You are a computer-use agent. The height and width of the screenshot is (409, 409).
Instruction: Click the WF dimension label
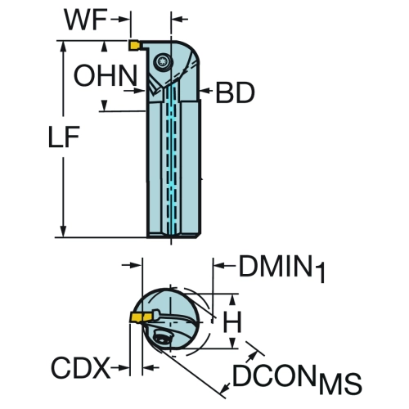point(85,20)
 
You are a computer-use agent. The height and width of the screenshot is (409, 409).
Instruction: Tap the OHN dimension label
point(106,75)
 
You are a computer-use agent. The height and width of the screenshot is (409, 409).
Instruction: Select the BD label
point(235,93)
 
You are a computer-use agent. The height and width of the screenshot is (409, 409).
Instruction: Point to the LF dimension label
point(64,137)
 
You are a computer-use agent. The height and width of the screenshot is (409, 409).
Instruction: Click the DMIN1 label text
point(282,268)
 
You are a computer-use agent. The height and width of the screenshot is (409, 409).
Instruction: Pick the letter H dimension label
point(232,322)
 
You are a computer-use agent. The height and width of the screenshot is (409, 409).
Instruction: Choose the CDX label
point(81,368)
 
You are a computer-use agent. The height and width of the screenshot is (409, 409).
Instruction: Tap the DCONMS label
point(297,378)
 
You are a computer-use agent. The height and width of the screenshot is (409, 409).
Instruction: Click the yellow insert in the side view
point(134,45)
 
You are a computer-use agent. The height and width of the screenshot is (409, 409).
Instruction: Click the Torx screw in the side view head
point(162,61)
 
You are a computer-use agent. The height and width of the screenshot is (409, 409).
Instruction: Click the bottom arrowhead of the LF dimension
point(64,231)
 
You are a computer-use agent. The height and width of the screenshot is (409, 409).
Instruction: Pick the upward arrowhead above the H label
point(232,300)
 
